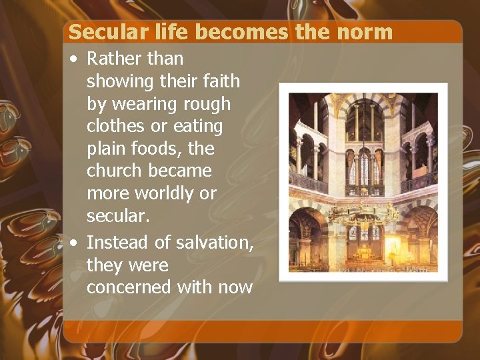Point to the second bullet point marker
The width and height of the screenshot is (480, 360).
pyautogui.click(x=73, y=243)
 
